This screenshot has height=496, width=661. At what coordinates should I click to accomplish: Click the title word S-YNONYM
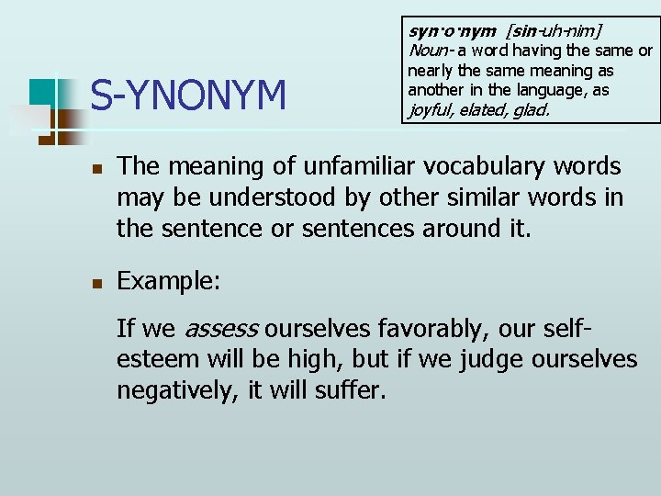[188, 95]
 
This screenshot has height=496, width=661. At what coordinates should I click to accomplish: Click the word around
[462, 228]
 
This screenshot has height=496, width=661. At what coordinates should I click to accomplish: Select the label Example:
[169, 281]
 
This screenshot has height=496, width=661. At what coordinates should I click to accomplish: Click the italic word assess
[221, 328]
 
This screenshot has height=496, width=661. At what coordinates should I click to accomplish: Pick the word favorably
[437, 328]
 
